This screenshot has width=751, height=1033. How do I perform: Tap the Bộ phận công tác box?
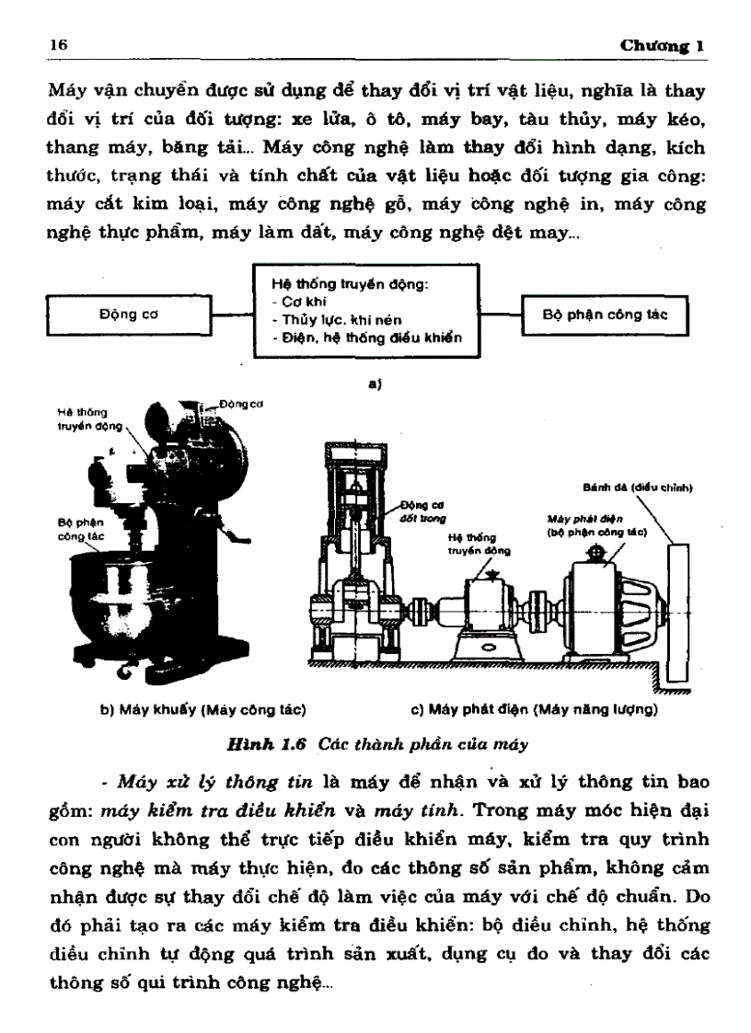click(x=604, y=314)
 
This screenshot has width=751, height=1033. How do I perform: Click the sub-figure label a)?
click(x=375, y=386)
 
